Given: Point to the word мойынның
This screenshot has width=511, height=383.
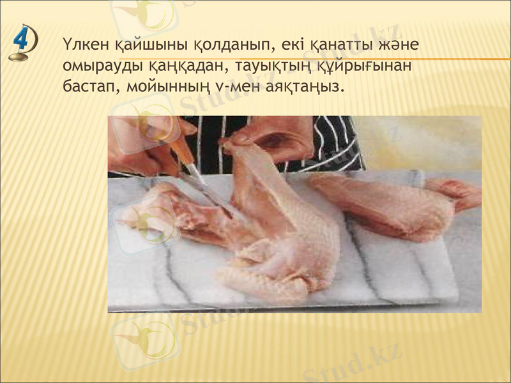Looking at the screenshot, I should pyautogui.click(x=162, y=86).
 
